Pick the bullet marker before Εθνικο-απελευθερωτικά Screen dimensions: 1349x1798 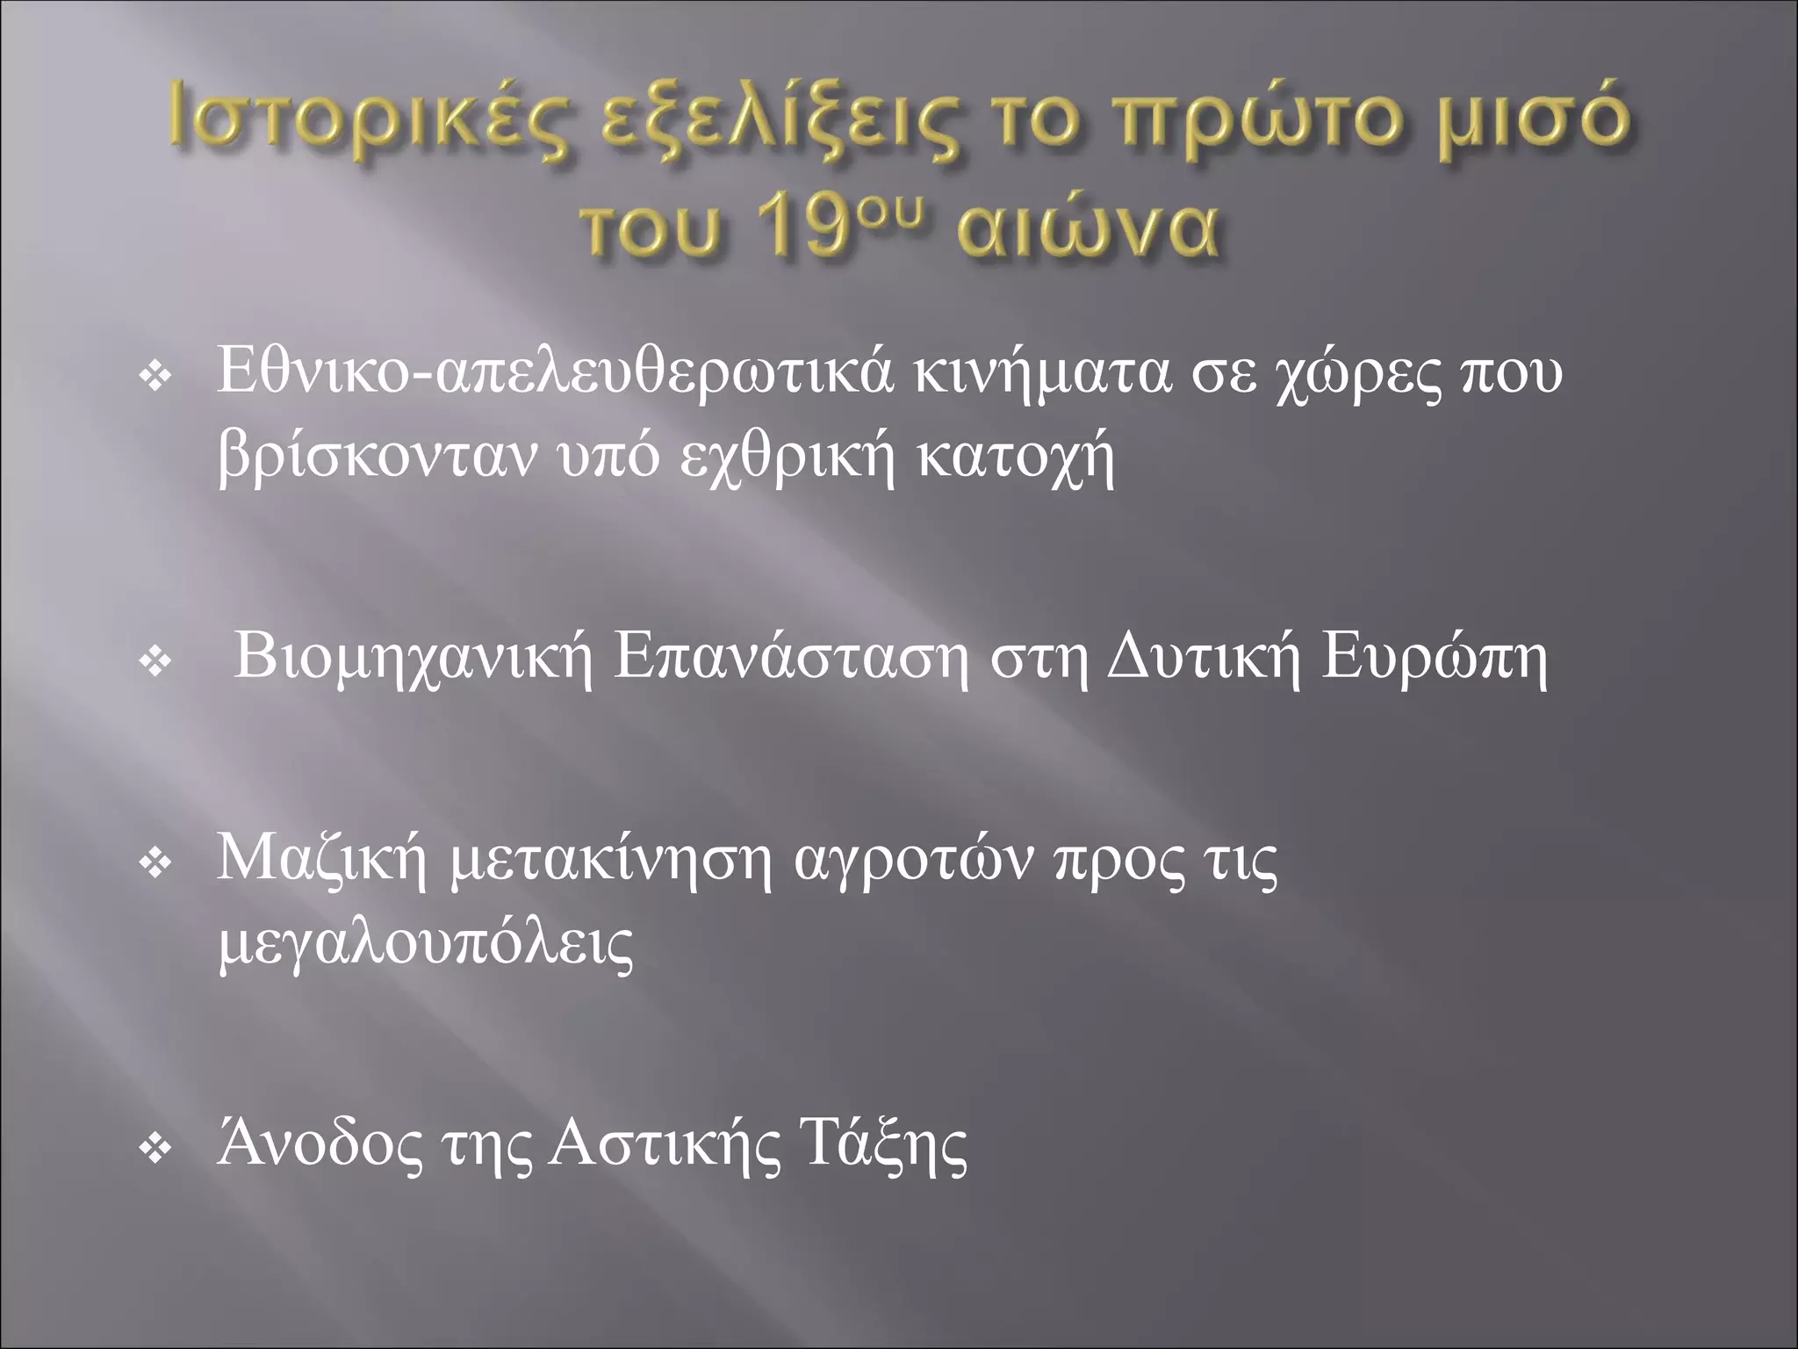tap(155, 379)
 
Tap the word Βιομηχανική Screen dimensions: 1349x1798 tap(414, 659)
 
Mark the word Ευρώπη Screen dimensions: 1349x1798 tap(1435, 659)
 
